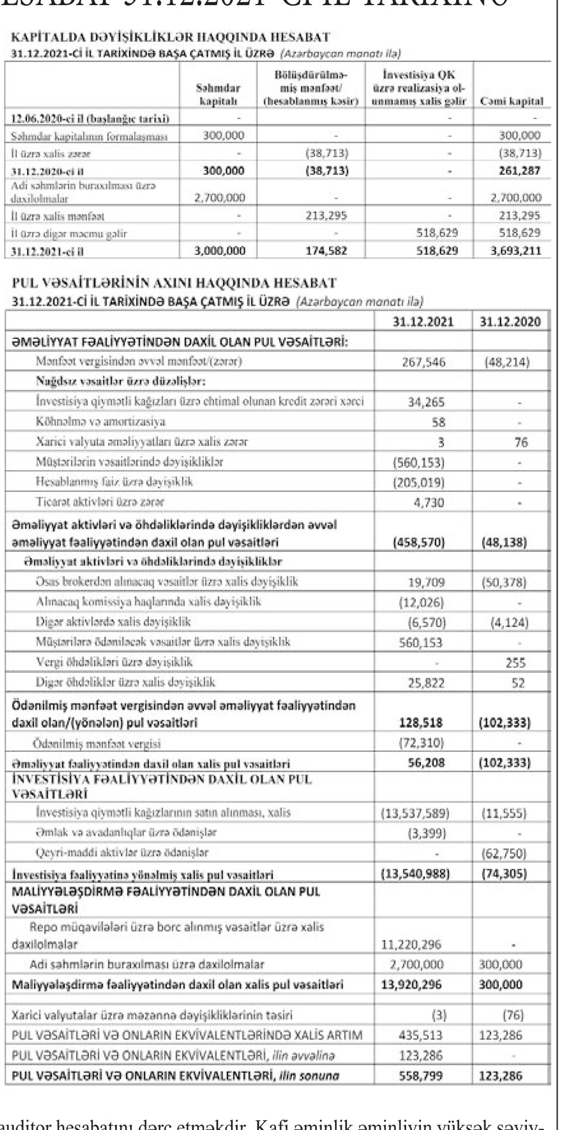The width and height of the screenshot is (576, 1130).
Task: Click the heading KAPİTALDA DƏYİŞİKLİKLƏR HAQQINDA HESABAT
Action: pos(170,38)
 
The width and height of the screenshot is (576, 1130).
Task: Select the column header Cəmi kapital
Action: pos(511,101)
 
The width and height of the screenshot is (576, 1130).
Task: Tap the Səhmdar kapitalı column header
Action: pos(218,95)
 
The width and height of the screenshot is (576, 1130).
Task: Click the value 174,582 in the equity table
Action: pos(326,251)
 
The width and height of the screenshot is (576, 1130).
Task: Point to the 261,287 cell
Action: pos(520,171)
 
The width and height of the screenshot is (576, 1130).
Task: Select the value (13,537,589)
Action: pos(415,814)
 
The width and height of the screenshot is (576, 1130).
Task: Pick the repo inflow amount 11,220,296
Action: pos(412,944)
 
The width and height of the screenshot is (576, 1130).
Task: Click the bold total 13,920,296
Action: pos(412,984)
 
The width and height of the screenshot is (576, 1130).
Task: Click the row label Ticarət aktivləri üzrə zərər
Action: pos(100,502)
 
